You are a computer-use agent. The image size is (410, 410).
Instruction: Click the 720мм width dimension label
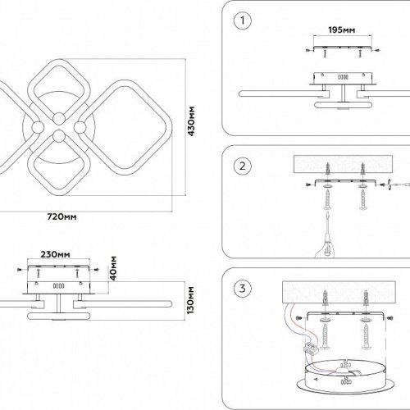tap(61, 216)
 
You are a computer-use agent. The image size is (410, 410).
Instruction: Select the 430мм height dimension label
tap(191, 121)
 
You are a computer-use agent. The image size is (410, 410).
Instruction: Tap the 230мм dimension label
tap(55, 254)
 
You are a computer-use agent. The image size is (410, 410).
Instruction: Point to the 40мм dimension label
tap(113, 268)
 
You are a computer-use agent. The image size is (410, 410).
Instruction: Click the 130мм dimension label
tap(191, 300)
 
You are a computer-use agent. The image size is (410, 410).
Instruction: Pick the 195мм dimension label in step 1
tap(342, 30)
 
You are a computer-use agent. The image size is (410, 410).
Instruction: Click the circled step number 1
tap(243, 20)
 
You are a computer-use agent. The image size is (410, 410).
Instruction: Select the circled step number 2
tap(243, 166)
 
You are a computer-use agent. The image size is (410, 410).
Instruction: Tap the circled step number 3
tap(243, 289)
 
